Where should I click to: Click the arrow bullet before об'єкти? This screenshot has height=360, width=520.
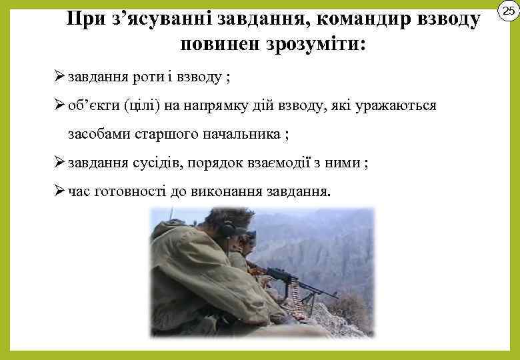59,105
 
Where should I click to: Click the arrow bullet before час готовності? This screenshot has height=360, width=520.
59,191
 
